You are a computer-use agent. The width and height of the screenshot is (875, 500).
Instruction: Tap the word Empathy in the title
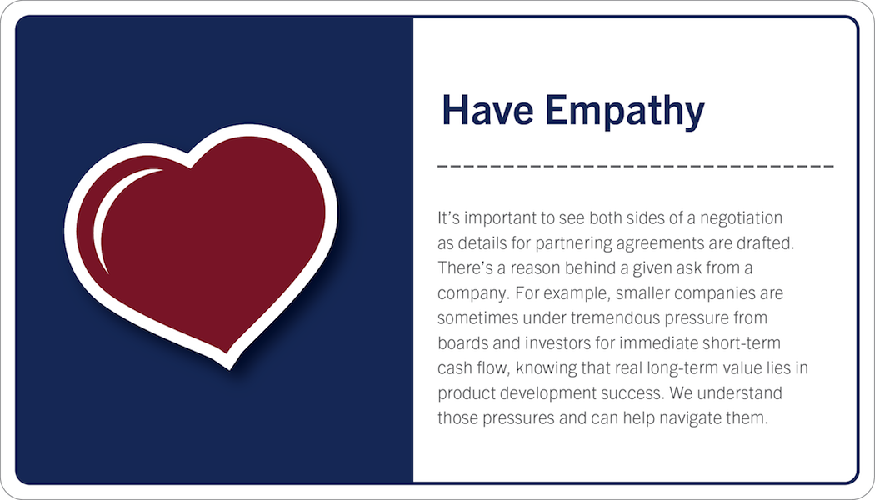[x=625, y=112]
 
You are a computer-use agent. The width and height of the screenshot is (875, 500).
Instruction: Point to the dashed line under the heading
[x=636, y=166]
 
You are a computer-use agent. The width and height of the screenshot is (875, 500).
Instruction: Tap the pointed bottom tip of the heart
[x=229, y=368]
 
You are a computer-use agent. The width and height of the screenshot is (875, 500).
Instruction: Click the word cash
[x=452, y=368]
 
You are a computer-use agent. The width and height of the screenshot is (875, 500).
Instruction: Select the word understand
[x=739, y=392]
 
